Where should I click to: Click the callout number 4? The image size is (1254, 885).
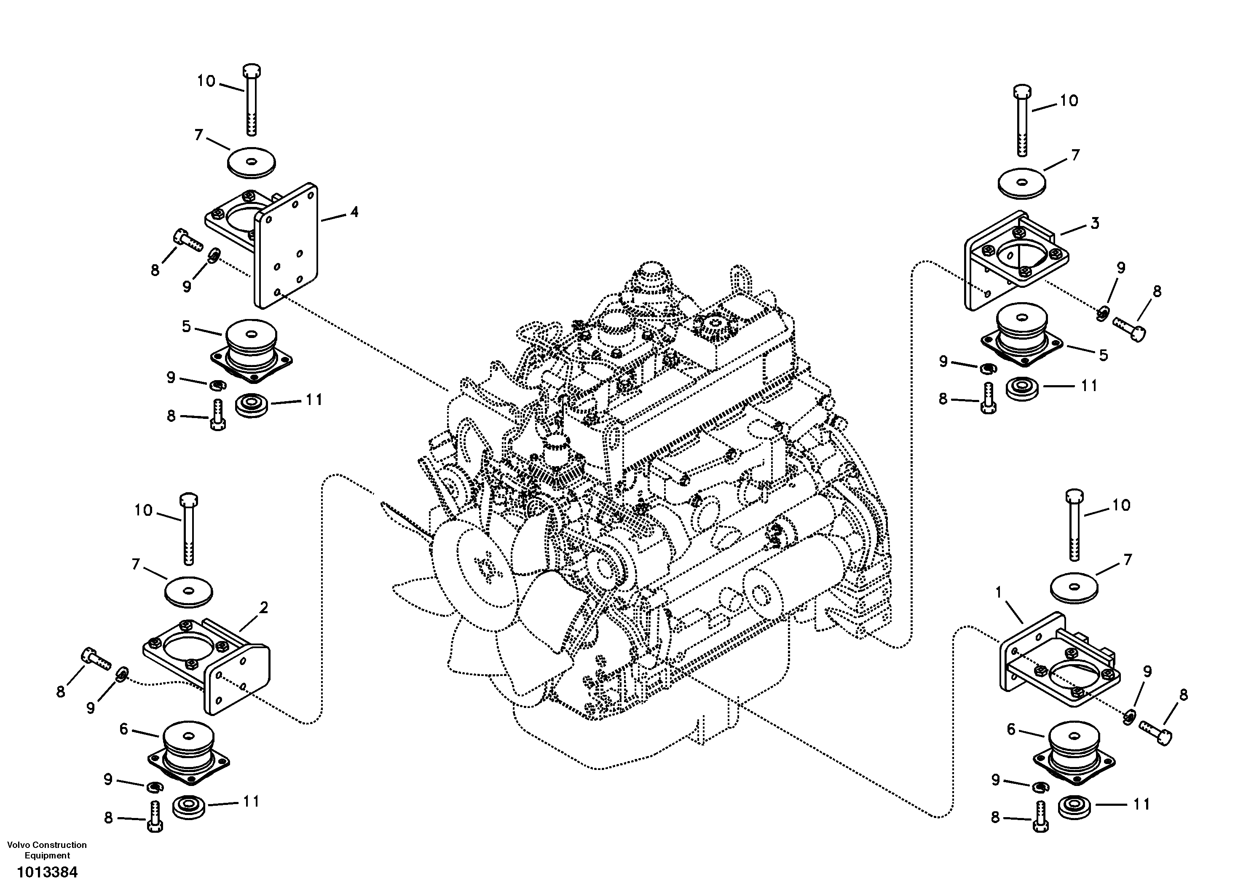354,212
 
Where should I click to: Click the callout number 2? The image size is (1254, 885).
263,607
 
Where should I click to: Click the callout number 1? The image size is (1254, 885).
998,592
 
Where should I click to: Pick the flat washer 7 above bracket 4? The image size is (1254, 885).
251,162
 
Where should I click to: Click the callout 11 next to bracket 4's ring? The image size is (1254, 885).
313,400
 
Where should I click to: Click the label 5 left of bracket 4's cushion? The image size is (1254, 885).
186,327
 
